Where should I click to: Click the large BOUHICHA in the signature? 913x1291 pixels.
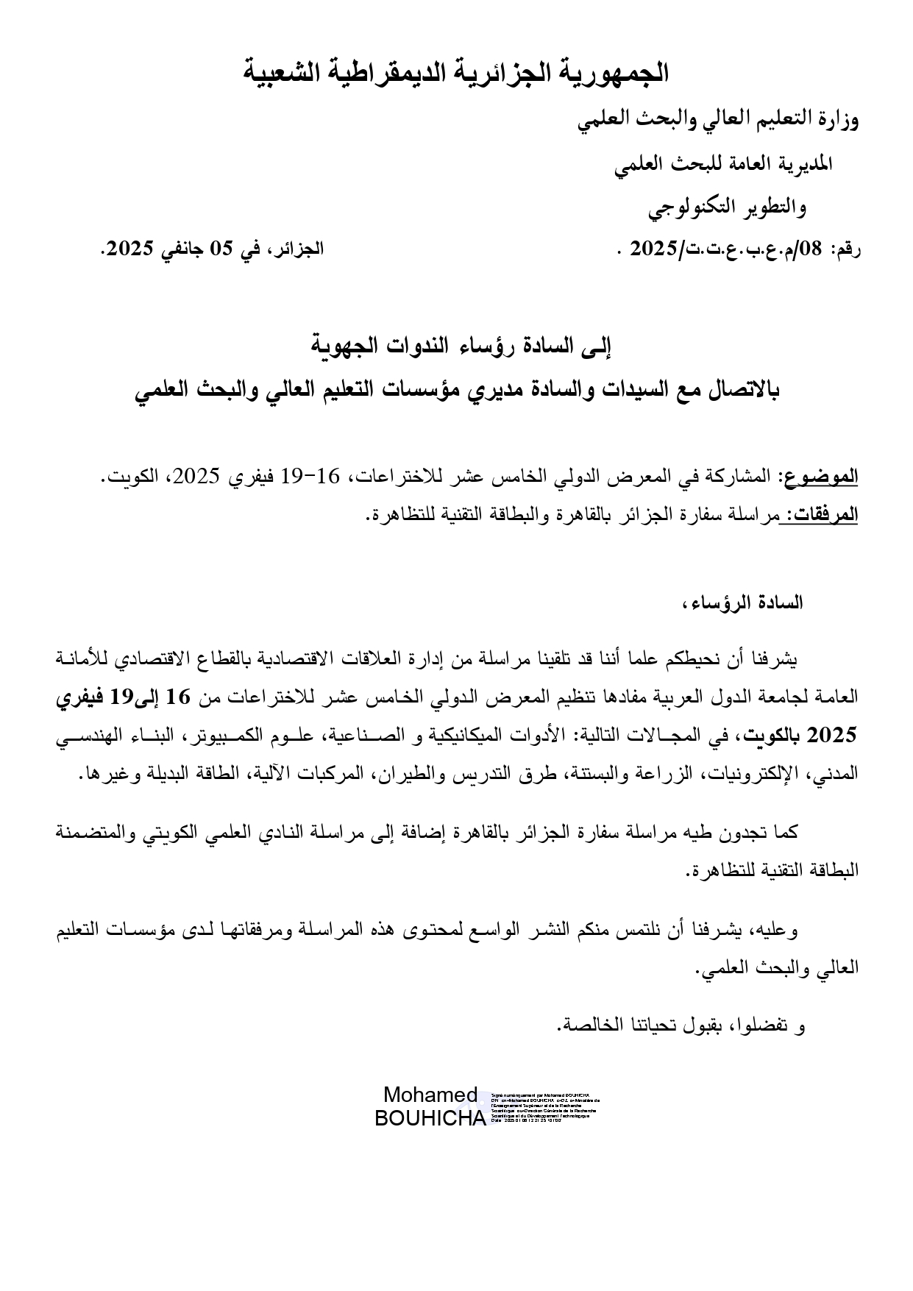tap(430, 1118)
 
